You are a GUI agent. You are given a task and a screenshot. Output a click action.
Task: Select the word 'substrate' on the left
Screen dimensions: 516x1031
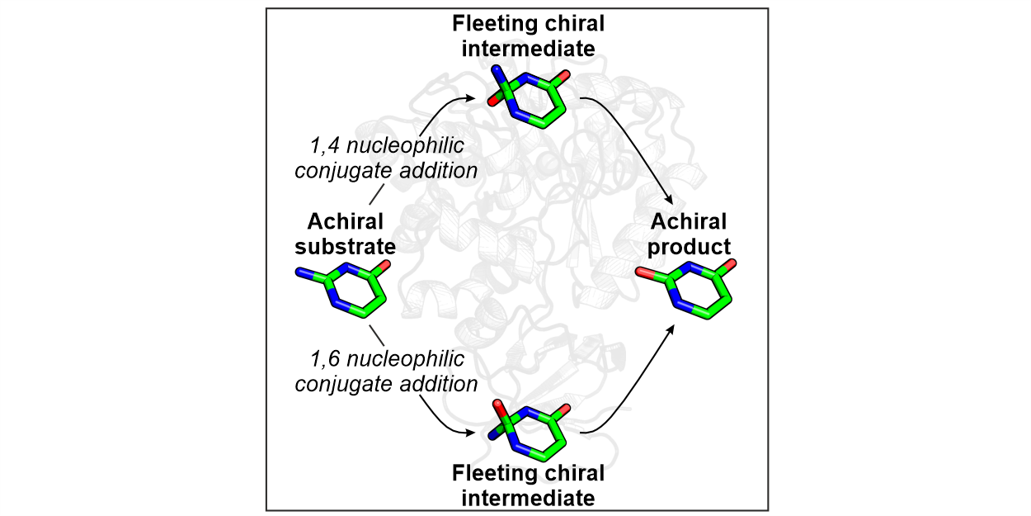pos(346,246)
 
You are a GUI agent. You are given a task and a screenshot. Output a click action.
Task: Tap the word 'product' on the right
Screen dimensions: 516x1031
pos(689,246)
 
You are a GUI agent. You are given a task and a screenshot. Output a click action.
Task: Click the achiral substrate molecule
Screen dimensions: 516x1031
pos(342,289)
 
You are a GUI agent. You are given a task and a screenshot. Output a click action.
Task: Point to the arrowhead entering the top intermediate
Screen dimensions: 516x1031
pos(477,98)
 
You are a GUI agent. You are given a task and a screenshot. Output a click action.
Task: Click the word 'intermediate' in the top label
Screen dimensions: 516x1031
pos(528,49)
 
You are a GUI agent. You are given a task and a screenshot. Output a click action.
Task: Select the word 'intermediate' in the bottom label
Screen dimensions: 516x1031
pos(528,498)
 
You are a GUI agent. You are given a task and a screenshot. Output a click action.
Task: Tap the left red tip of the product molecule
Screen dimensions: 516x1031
pos(640,272)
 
